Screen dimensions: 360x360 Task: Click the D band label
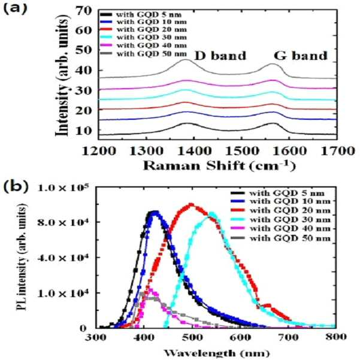coord(220,56)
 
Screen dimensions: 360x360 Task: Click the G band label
coord(301,56)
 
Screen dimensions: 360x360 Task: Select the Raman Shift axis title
coord(219,165)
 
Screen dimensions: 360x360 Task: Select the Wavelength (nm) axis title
coord(216,353)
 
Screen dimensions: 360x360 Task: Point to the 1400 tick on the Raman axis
coord(194,152)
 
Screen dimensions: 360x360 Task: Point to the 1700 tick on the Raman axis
coord(337,152)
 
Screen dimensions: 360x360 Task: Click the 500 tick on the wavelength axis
coord(192,337)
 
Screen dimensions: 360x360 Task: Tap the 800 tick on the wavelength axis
coord(335,337)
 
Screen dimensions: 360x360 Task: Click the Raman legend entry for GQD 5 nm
coord(141,15)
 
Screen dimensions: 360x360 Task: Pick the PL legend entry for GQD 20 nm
coord(280,210)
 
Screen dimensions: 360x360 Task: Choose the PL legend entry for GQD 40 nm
coord(280,229)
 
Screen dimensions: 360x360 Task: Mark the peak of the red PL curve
coord(190,204)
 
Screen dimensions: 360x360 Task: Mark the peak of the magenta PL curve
coord(150,290)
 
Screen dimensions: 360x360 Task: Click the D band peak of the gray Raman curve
coord(186,60)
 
